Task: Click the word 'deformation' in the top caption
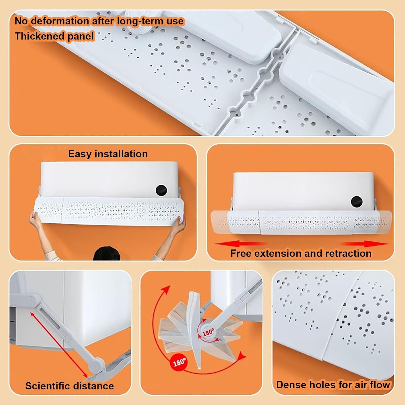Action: tap(59, 21)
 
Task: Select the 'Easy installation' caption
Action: tap(108, 154)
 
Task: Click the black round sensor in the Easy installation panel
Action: tap(161, 191)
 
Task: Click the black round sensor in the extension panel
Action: tap(356, 202)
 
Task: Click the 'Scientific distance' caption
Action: tap(69, 386)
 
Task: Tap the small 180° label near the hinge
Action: tap(208, 332)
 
